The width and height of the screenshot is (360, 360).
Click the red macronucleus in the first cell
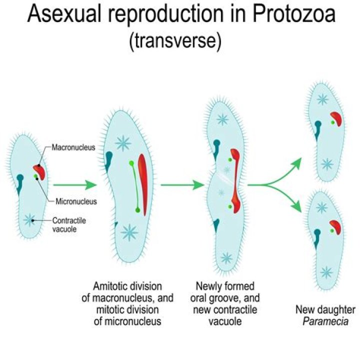[39, 172]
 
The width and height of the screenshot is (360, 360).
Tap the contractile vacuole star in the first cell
[30, 220]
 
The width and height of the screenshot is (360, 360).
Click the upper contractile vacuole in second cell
[123, 144]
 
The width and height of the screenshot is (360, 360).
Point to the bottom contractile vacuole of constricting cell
[227, 257]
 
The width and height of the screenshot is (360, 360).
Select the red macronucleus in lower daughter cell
[336, 227]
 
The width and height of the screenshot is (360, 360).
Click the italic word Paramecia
[325, 322]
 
